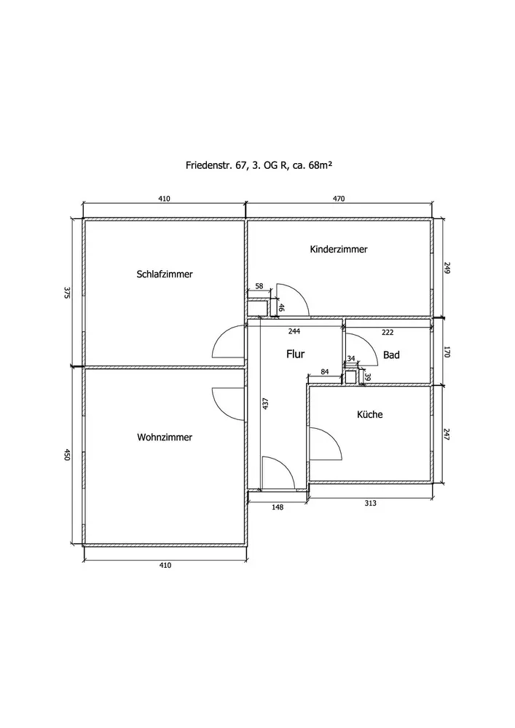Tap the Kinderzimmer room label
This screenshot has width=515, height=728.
(339, 249)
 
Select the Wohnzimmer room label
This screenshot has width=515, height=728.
(165, 438)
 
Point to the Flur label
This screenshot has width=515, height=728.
(294, 355)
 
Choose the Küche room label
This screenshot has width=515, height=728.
(369, 415)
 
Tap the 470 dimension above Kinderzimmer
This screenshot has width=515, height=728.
(339, 198)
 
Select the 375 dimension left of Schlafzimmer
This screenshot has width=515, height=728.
(66, 293)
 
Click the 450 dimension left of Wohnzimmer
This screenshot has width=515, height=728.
(66, 455)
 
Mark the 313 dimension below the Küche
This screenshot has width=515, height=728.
(369, 502)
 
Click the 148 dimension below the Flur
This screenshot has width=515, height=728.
(278, 507)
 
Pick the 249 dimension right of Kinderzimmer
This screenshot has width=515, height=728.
(448, 269)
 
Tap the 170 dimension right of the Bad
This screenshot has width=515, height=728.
(448, 352)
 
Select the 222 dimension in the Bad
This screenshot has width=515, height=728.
(388, 332)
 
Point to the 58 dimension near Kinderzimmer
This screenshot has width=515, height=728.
(259, 288)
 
